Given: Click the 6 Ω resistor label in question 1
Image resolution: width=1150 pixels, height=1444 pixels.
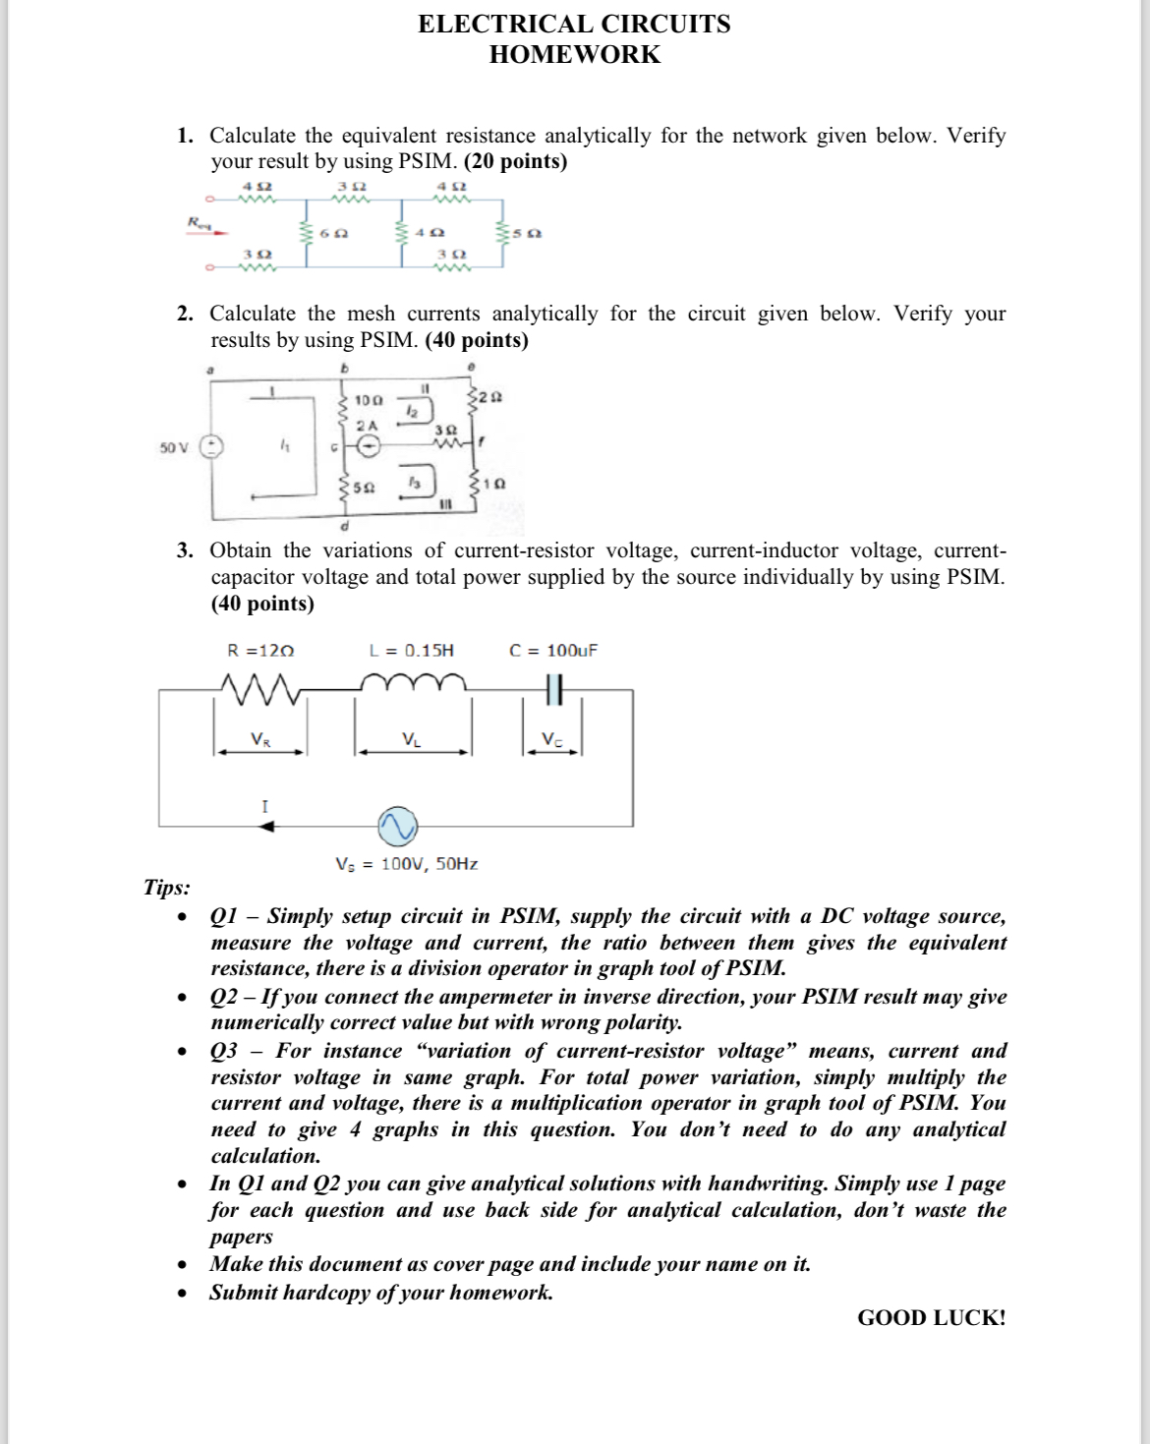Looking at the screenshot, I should (333, 234).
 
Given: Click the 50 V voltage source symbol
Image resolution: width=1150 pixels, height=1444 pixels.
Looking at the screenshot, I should (211, 447).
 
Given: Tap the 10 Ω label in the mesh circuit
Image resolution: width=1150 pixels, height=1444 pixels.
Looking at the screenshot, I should (368, 400).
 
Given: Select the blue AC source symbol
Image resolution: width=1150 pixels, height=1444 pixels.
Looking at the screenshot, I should (398, 827).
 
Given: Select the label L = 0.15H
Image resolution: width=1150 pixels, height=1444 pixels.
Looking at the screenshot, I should (411, 650).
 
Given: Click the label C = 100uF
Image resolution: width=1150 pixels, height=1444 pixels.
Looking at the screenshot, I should (552, 650).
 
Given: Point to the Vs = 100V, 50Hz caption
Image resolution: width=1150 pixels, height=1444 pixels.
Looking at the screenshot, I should (406, 864).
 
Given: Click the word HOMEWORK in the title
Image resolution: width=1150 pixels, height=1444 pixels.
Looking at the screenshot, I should (575, 54).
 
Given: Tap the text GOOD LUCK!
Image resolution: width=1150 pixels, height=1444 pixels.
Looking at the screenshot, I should (931, 1318).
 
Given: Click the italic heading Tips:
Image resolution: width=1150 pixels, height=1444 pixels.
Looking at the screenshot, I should (167, 887).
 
